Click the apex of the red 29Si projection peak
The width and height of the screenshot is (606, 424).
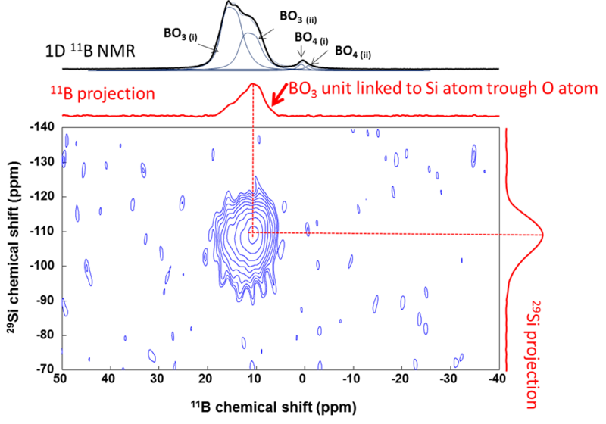(542, 233)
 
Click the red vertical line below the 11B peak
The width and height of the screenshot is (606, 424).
(253, 151)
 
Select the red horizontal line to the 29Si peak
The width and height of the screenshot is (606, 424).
(401, 233)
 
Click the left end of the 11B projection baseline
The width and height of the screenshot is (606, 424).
(62, 116)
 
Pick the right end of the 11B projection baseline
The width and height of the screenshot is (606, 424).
(499, 116)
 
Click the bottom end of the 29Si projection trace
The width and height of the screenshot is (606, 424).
(505, 370)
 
